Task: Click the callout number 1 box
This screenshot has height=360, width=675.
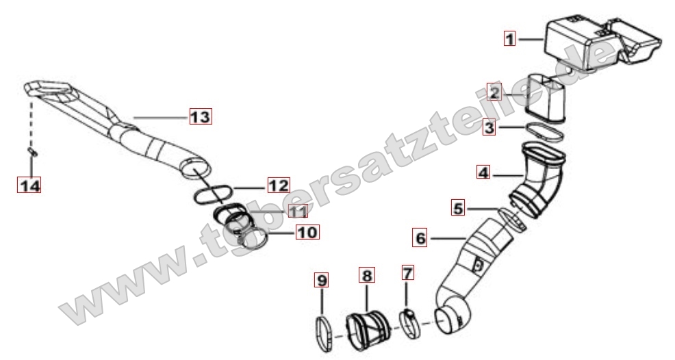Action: coord(510,39)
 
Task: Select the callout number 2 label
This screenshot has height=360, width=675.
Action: coord(494,92)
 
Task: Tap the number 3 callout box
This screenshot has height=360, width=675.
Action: coord(489,127)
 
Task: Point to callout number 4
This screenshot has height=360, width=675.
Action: coord(483,172)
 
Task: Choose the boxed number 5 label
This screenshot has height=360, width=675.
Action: coord(458,209)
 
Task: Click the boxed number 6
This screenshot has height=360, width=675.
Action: coord(420,237)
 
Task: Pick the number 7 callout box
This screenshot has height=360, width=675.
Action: coord(407,272)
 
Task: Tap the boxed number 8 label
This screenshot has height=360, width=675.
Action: coord(367,274)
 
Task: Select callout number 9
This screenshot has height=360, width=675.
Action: coord(322,281)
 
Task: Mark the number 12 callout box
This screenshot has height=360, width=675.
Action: coord(279,185)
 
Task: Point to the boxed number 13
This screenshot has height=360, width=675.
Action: coord(201,116)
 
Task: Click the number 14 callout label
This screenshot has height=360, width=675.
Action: coord(29,185)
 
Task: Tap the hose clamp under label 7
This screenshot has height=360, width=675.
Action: coord(411,322)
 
